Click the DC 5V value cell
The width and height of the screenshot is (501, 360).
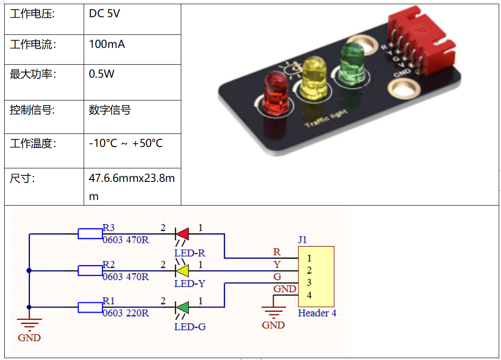[105, 14]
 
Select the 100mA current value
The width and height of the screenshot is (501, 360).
[107, 45]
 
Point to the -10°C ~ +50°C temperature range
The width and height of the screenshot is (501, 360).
[126, 143]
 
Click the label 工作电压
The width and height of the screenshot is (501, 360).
[32, 14]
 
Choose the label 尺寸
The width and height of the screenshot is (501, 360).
[22, 178]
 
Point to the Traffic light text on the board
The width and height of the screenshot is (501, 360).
[326, 119]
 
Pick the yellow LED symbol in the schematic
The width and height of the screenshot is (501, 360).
[182, 270]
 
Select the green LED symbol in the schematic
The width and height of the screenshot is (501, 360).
[182, 307]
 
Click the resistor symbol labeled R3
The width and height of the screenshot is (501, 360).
[90, 233]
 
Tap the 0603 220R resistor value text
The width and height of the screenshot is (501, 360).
[126, 313]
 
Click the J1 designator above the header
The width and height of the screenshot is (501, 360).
[303, 240]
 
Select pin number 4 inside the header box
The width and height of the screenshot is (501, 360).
[309, 295]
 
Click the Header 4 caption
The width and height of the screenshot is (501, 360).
[317, 313]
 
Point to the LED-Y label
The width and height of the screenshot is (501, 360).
[190, 283]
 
